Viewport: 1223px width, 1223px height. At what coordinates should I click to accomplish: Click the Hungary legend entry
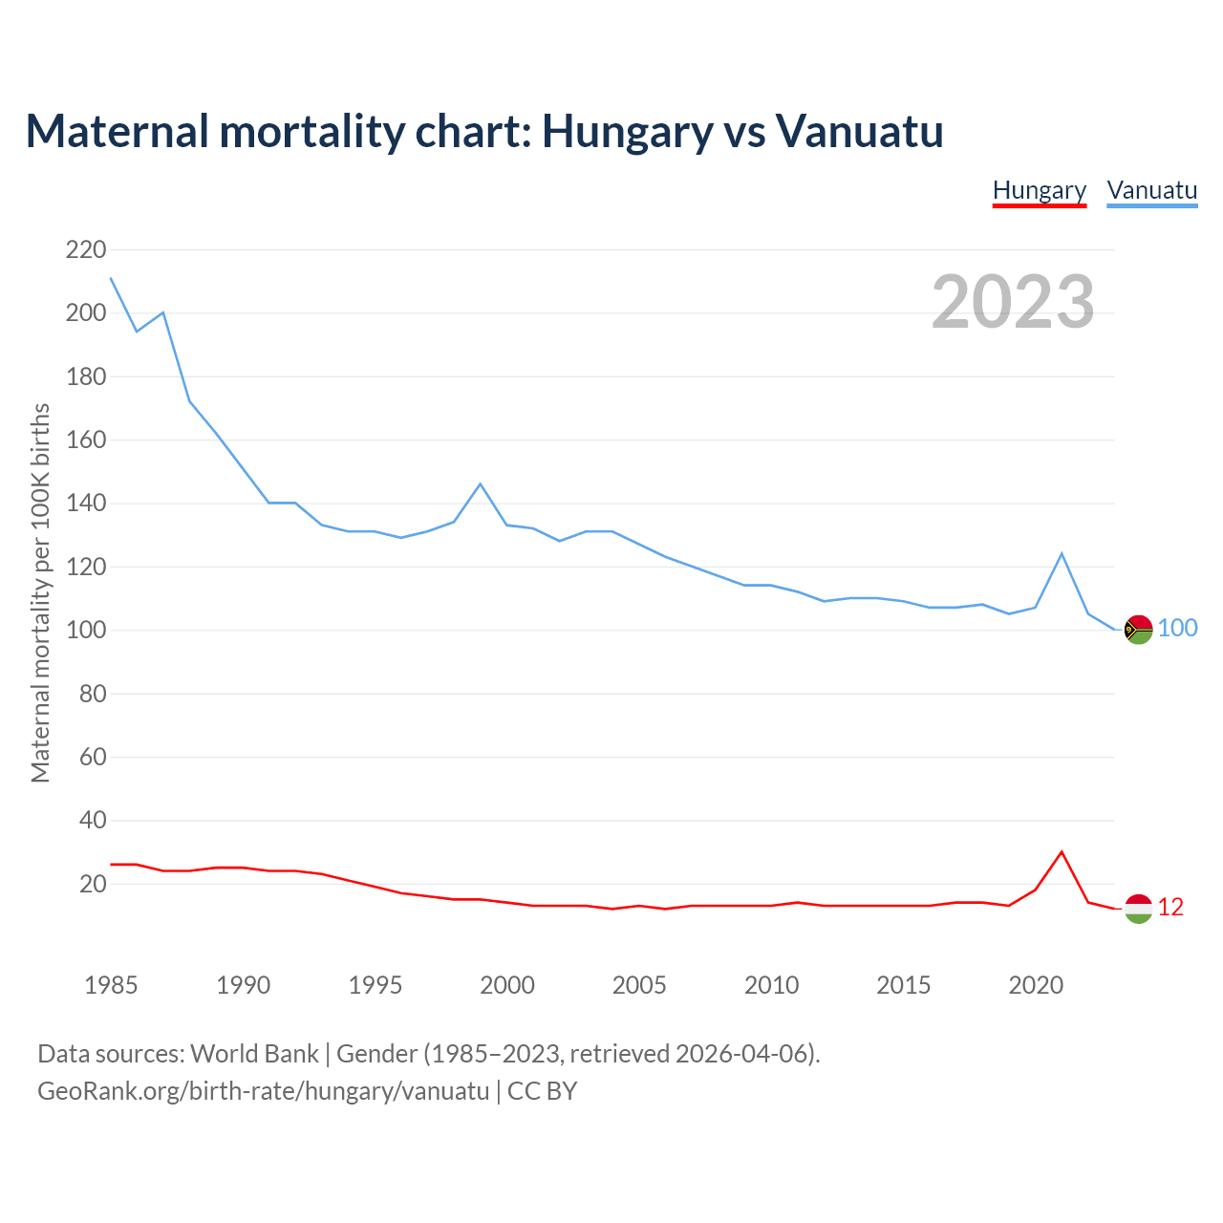1040,191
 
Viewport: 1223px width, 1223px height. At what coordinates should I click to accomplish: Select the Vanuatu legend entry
1151,191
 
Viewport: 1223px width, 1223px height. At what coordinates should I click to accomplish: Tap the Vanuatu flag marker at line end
1138,630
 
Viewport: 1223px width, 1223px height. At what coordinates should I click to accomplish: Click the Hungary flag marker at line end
1138,909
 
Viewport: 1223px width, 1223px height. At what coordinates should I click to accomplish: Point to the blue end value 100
1178,629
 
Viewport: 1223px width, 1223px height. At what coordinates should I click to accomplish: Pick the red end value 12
1170,908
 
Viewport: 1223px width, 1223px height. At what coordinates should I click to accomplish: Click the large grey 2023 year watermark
1013,302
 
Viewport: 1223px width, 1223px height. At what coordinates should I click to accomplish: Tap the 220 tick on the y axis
86,250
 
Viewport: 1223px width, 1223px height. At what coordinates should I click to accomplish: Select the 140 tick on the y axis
86,504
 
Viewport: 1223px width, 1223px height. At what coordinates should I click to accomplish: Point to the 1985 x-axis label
111,985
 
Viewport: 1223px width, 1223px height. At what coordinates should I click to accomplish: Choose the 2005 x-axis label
639,985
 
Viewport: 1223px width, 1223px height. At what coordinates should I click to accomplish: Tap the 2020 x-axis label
1036,985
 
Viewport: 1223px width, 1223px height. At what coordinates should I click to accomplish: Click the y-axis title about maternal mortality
40,592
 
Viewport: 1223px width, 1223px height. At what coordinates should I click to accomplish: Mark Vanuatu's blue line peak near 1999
481,484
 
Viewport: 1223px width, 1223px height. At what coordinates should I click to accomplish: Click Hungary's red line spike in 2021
1062,852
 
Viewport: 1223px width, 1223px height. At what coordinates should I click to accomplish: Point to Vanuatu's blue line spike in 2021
1062,554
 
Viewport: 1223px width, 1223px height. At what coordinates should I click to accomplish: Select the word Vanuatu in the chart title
859,131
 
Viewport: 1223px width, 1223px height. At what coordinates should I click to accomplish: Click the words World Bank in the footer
254,1054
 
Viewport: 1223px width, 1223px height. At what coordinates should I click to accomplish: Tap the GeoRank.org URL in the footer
263,1091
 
